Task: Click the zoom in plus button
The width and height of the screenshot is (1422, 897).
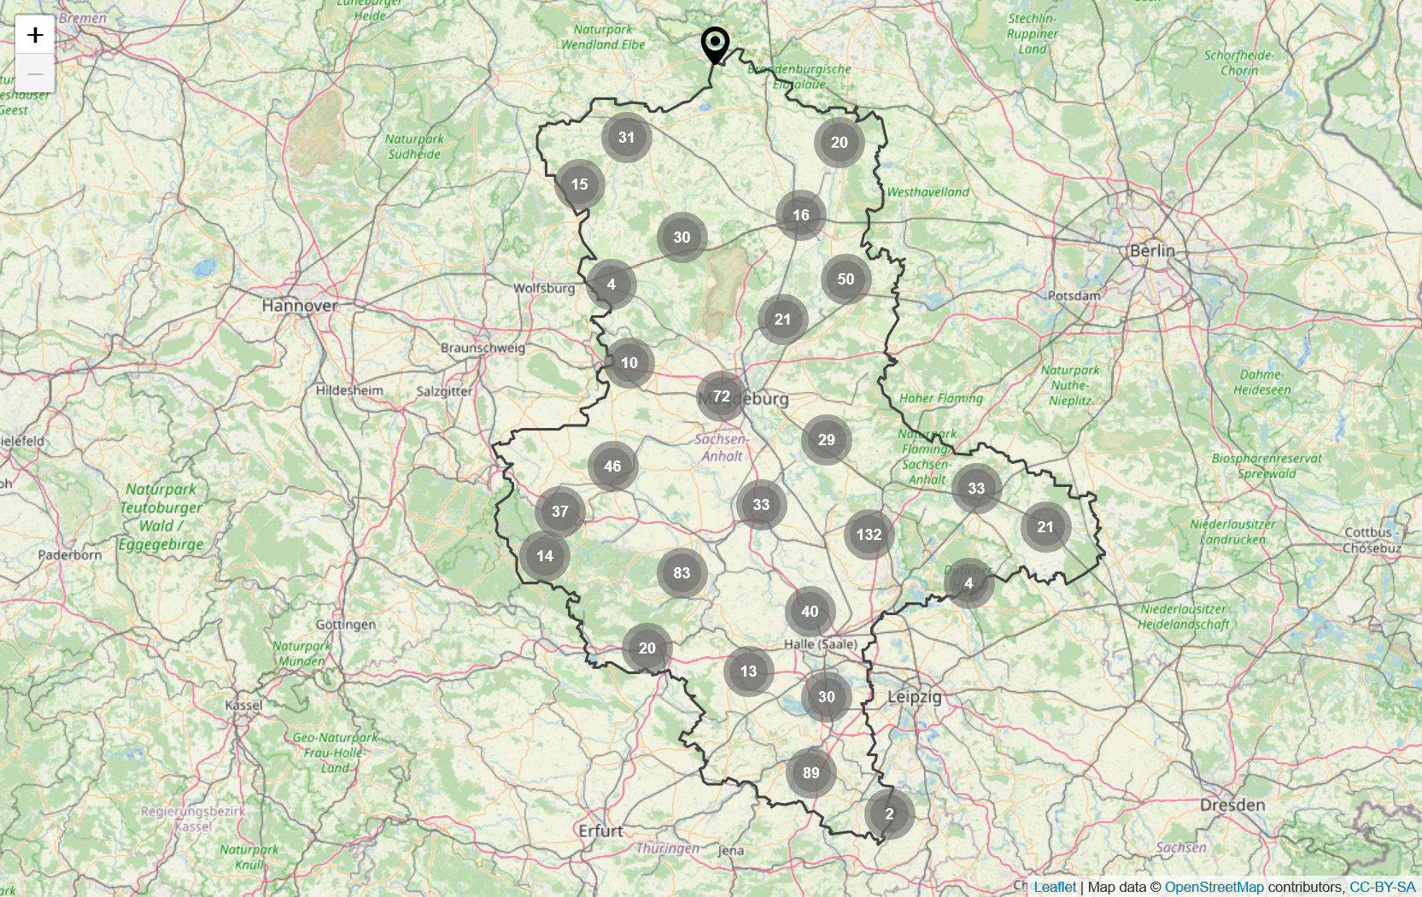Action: coord(35,35)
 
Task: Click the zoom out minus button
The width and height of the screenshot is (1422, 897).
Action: coord(35,74)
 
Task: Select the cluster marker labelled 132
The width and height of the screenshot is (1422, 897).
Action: coord(869,535)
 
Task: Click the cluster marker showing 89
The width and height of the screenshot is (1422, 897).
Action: coord(810,773)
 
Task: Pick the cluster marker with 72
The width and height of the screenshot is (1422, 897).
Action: coord(722,396)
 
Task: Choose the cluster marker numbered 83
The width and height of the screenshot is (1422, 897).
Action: coord(682,573)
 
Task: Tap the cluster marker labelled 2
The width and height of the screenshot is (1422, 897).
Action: coord(889,814)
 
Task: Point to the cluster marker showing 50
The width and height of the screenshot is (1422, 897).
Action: coord(846,279)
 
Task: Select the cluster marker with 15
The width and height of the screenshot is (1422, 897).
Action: coord(579,185)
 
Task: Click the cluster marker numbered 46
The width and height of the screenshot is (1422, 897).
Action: coord(612,466)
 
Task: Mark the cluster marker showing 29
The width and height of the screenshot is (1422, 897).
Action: coord(826,440)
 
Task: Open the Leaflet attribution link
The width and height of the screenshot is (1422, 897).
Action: coord(1055,887)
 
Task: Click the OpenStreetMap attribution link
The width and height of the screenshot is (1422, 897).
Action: coord(1214,887)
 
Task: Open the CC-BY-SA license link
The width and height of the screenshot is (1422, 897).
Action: coord(1382,887)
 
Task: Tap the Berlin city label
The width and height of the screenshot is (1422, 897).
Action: coord(1152,250)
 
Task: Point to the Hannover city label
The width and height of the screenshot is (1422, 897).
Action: coord(300,305)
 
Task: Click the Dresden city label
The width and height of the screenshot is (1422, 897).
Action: coord(1232,805)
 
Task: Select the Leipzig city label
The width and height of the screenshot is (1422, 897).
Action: coord(915,696)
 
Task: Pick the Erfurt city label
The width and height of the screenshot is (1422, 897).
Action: coord(600,830)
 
